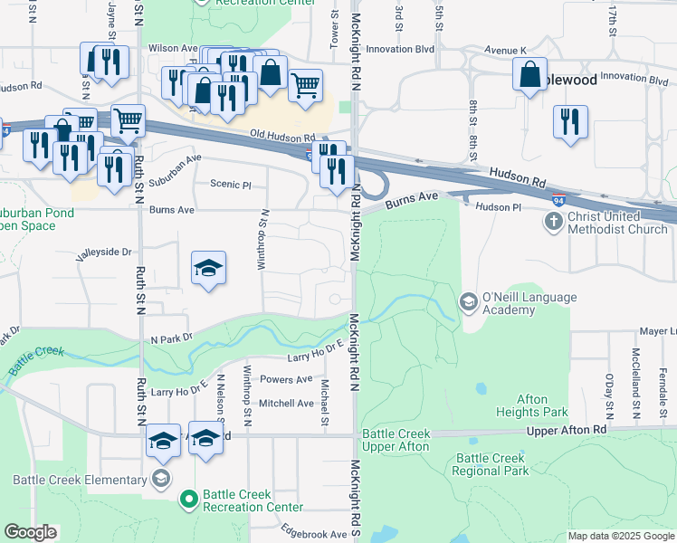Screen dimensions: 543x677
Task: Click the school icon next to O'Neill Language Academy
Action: pos(469,300)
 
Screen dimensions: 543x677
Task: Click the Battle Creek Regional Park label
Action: pos(491,464)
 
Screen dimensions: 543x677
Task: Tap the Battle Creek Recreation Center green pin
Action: pos(189,498)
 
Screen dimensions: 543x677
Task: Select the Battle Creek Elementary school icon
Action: pos(161,479)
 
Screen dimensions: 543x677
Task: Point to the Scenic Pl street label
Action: pos(229,185)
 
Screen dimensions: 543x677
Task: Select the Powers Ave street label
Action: pos(286,379)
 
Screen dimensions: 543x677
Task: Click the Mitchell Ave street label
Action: pos(286,403)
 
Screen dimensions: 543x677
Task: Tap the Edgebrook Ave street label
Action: pos(314,534)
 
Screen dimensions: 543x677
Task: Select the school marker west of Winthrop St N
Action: pos(208,268)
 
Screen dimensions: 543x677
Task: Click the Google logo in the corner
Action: pos(30,532)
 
